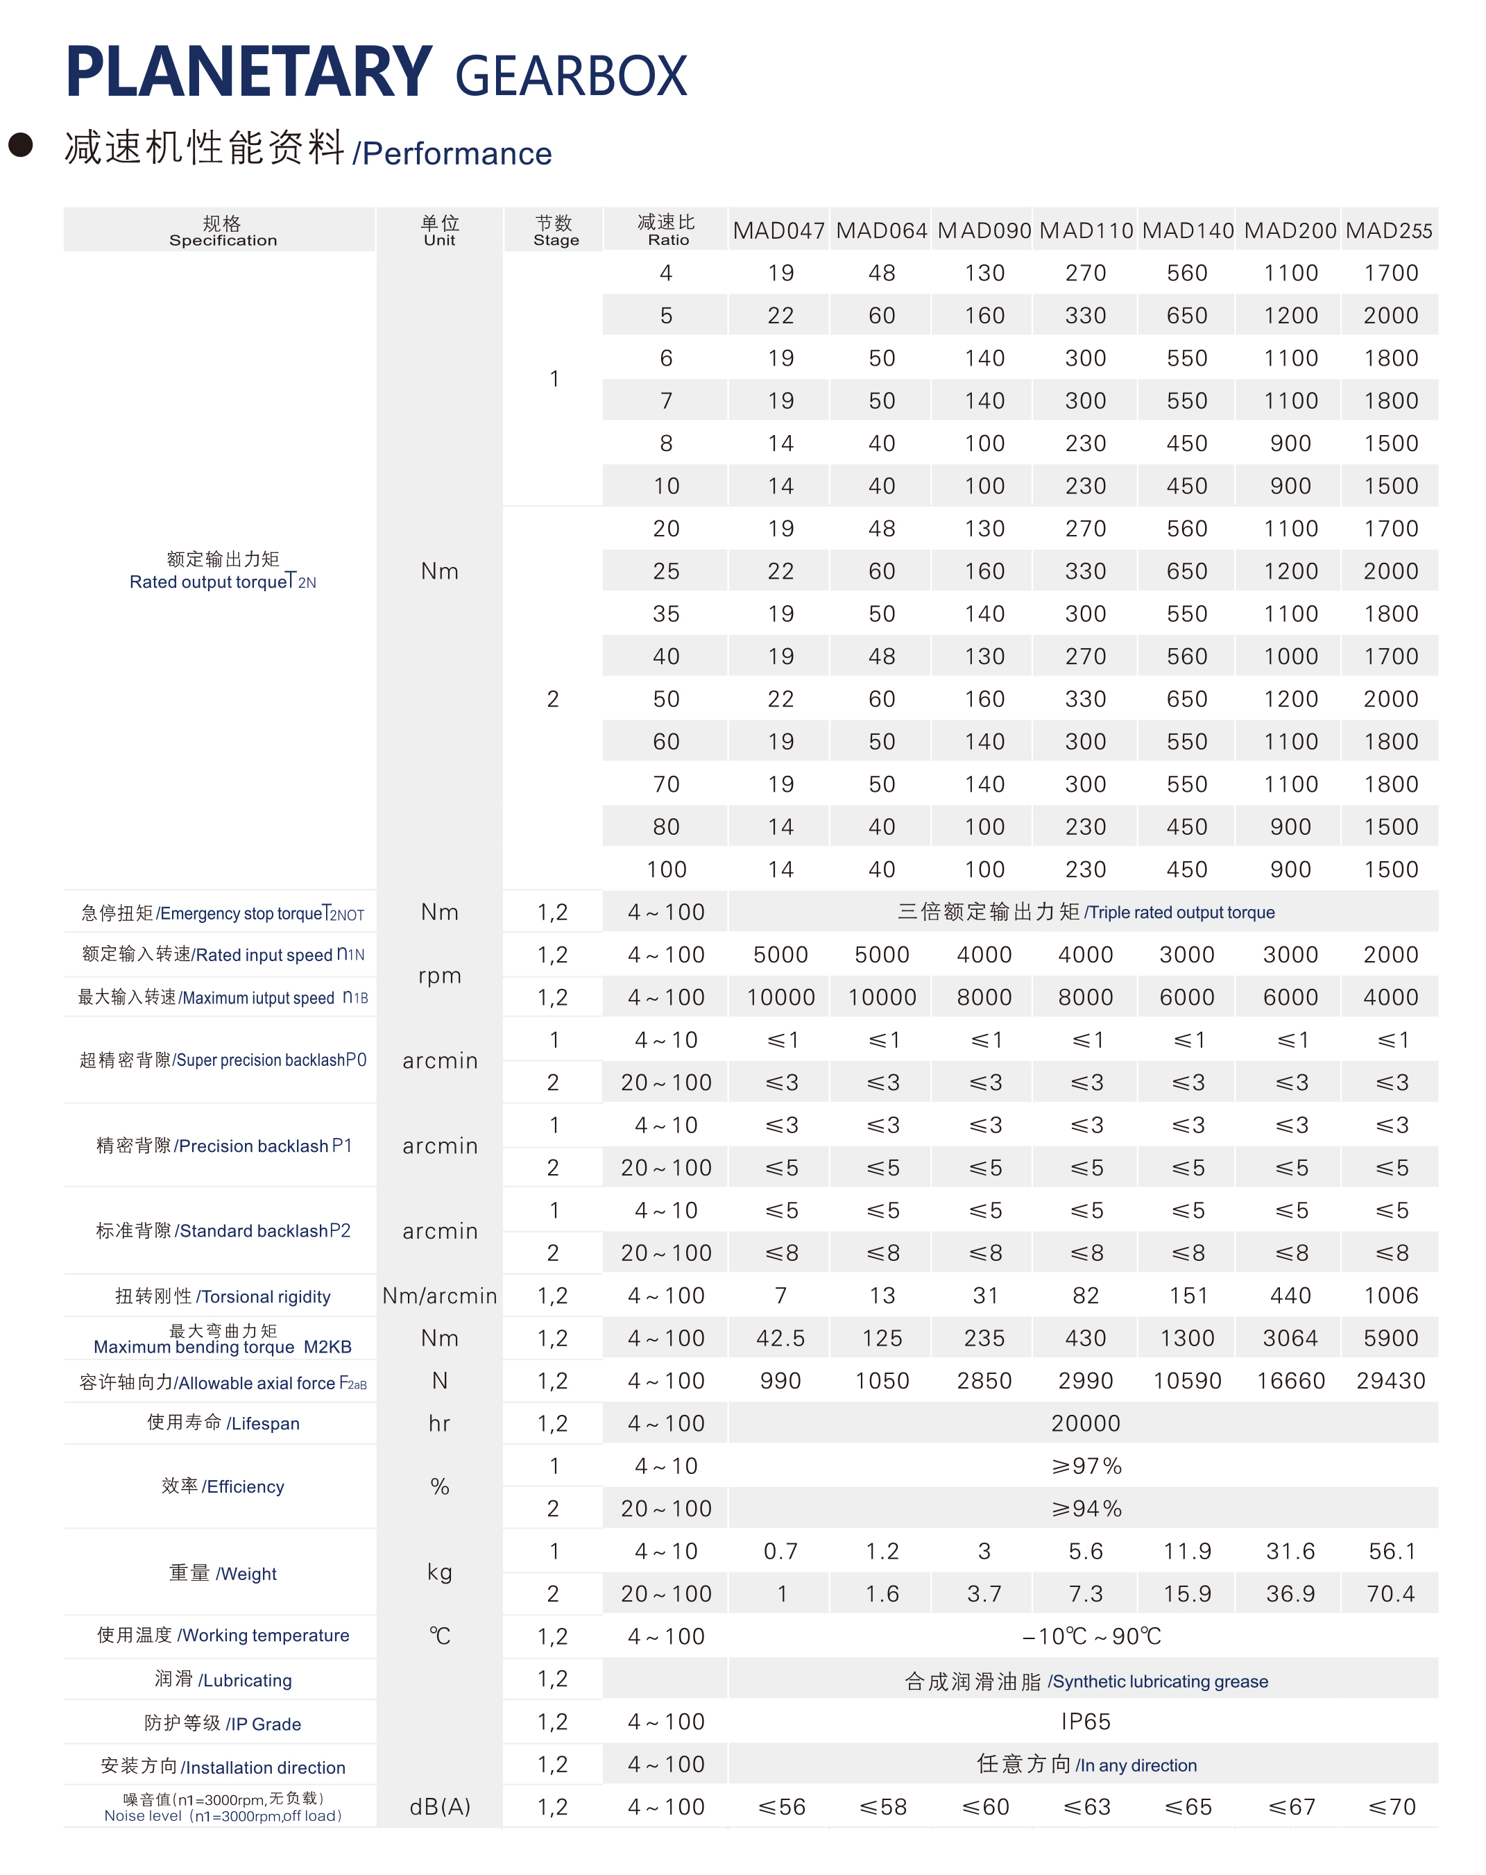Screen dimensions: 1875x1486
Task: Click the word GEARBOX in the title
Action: [570, 76]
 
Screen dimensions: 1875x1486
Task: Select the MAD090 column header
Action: [984, 230]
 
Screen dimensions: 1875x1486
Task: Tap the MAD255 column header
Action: [1389, 230]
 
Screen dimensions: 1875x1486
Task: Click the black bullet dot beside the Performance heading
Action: [20, 144]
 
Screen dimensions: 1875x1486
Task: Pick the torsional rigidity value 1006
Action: [1390, 1296]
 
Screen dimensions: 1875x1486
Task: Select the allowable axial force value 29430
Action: [1390, 1381]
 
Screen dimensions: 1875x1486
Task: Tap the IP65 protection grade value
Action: [1085, 1722]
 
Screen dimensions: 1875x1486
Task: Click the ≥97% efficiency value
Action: [1085, 1466]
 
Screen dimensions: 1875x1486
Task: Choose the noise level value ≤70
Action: [1390, 1807]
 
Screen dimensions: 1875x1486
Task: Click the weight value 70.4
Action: [1390, 1594]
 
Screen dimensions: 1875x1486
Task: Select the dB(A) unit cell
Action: [439, 1807]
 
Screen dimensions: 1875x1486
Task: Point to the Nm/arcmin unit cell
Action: [439, 1296]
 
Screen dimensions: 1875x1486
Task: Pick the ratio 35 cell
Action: [666, 614]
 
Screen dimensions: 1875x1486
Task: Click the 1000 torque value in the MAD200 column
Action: [1290, 656]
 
